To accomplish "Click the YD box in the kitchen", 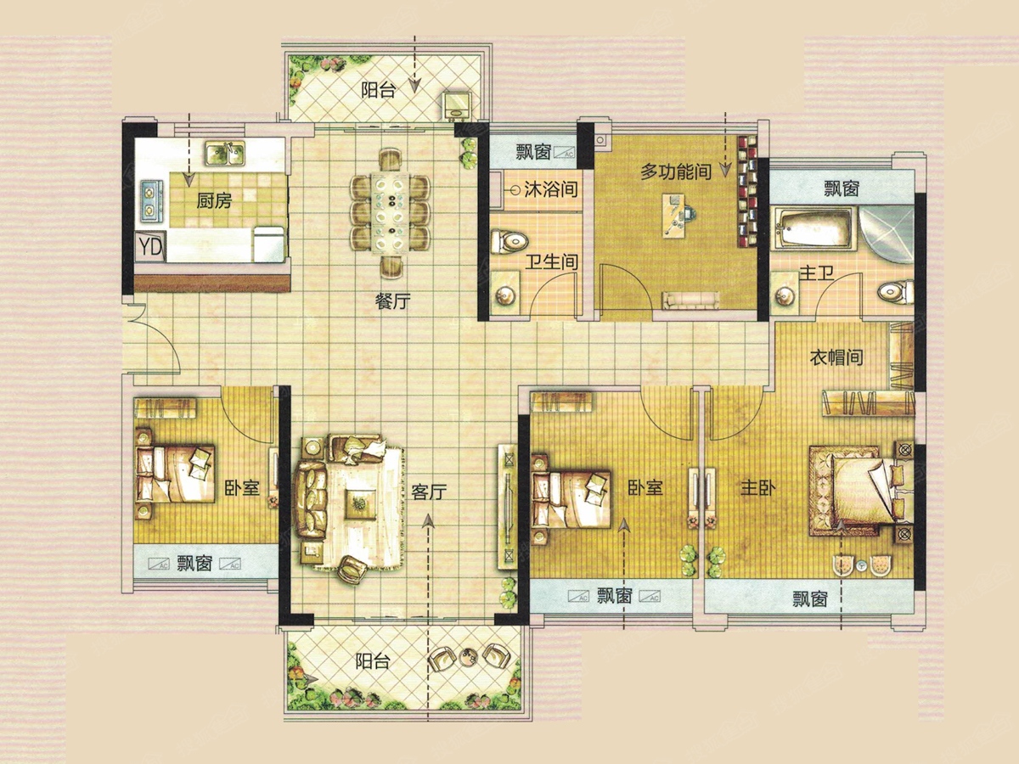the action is tap(150, 247).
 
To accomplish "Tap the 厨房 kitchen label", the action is tap(214, 201).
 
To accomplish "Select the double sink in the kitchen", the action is tap(225, 154).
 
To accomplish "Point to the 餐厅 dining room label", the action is tap(392, 302).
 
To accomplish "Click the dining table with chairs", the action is tap(391, 213).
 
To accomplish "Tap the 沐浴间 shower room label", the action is tap(550, 189).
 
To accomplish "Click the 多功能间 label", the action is tap(676, 172).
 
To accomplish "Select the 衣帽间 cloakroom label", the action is tap(836, 357).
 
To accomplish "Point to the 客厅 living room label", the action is tap(429, 492).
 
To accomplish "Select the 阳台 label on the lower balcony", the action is tap(372, 661).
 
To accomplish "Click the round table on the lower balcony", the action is tap(469, 655).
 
